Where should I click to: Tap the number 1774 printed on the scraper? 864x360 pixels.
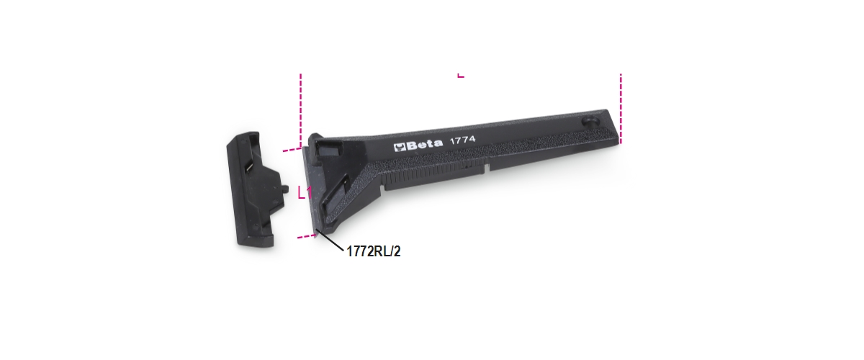(462, 140)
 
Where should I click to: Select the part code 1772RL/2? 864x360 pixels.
(374, 251)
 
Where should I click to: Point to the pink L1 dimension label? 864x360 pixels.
(305, 192)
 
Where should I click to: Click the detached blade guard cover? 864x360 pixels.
(256, 189)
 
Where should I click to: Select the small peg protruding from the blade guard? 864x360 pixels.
(285, 189)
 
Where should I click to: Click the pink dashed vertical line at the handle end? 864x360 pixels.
(621, 109)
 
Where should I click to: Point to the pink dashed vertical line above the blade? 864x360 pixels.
(300, 110)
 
